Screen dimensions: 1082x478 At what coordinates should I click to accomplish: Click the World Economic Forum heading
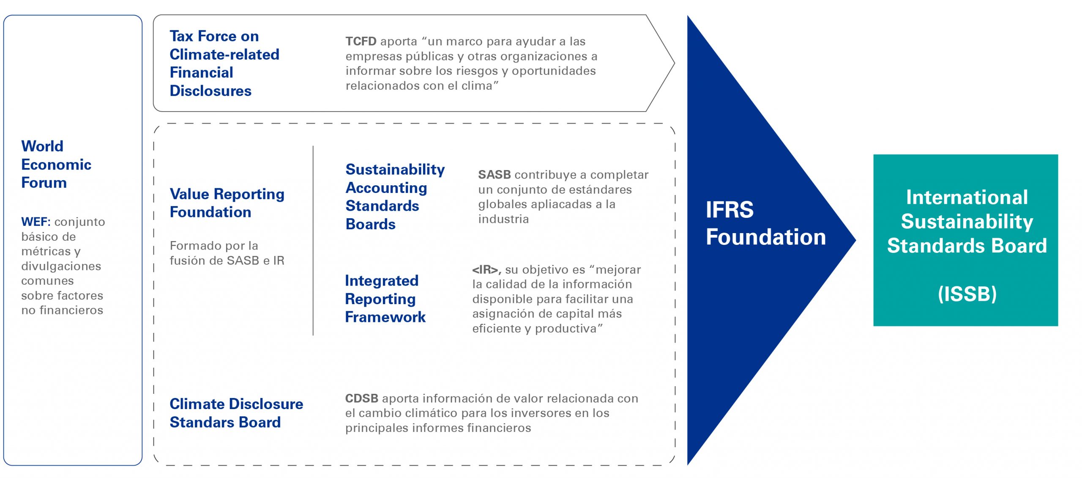tap(56, 164)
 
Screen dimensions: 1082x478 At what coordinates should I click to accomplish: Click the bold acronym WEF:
tap(36, 222)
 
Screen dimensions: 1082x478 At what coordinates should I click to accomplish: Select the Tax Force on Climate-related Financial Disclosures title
tap(224, 63)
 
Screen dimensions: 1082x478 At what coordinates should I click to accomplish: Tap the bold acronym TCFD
tap(361, 41)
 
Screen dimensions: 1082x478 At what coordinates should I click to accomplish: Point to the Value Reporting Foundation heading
tap(227, 203)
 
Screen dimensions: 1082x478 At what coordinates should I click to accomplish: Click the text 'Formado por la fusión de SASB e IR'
tap(227, 253)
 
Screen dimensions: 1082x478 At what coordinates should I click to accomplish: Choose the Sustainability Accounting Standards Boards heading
tap(395, 197)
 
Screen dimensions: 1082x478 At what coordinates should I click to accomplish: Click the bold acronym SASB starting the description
tap(495, 175)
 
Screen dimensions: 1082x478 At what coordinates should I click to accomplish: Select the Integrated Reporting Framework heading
tap(385, 299)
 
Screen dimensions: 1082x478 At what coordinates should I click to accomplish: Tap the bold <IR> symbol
tap(486, 270)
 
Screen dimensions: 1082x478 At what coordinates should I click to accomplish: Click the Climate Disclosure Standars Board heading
tap(236, 413)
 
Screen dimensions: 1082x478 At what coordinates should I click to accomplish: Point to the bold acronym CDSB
tap(362, 398)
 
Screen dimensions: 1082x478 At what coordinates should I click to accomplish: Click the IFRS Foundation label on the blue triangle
tap(766, 223)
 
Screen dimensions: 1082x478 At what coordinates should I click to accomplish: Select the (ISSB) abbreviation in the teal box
tap(967, 294)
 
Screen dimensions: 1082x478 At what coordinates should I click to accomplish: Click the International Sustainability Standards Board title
tap(967, 221)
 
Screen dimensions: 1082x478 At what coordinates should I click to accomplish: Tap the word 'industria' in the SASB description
tap(503, 219)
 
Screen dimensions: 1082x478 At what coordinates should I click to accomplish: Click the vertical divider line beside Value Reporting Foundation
tap(313, 241)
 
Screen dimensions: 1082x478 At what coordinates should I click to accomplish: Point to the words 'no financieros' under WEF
tap(62, 310)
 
